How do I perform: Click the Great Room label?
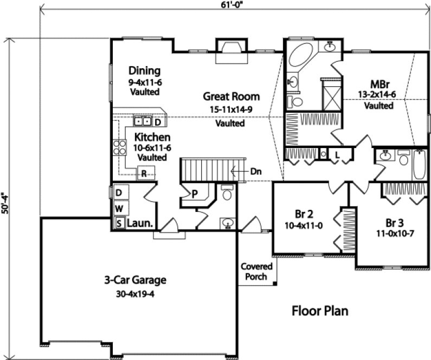click(x=231, y=97)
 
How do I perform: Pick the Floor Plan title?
click(x=320, y=311)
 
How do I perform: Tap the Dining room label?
click(x=145, y=70)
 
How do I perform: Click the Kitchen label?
click(x=153, y=137)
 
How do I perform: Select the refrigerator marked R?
click(x=144, y=174)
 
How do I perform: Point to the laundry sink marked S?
click(x=118, y=222)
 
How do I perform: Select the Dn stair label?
click(x=256, y=171)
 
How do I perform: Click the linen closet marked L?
click(x=337, y=155)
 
